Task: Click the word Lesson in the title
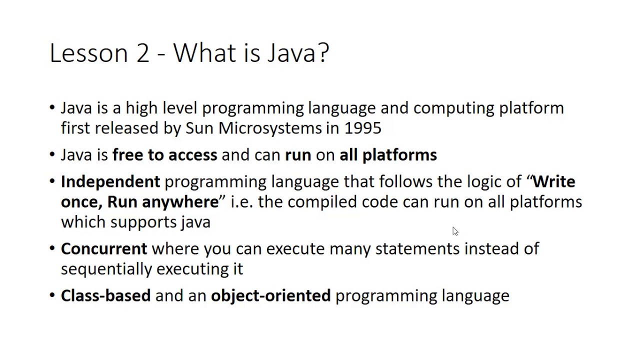pos(89,53)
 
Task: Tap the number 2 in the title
pos(142,53)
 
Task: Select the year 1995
pos(362,128)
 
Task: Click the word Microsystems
pos(270,128)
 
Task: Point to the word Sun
pos(199,128)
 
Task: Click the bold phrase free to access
pos(164,155)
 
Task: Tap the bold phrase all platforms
pos(388,155)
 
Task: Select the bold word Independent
pos(110,181)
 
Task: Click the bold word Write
pos(553,181)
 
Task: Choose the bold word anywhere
pos(180,202)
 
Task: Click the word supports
pos(143,222)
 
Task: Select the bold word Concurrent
pos(104,248)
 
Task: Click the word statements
pos(417,248)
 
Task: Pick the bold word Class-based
pos(105,295)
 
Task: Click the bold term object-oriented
pos(270,295)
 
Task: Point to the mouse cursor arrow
pos(454,230)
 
